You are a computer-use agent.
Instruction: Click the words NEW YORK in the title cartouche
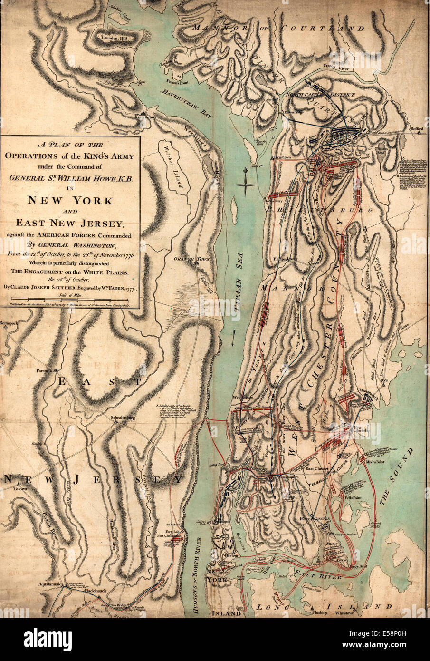click(70, 200)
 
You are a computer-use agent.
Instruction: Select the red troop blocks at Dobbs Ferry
click(283, 194)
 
